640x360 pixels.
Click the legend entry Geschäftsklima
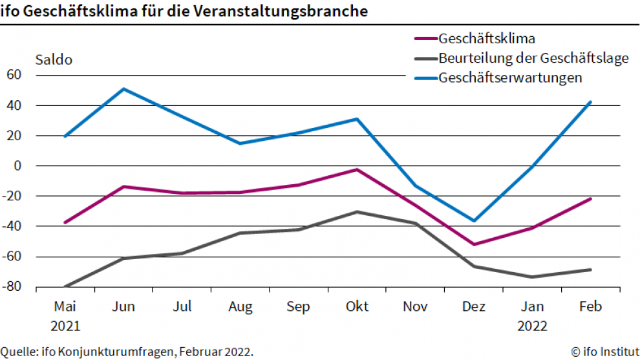(x=475, y=38)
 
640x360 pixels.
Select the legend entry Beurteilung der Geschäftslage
(x=521, y=58)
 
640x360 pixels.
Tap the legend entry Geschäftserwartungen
(x=498, y=78)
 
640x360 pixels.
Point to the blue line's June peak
(x=123, y=89)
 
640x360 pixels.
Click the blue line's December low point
(x=474, y=221)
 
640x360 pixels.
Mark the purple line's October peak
(x=357, y=169)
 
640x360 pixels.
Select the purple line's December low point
(x=474, y=244)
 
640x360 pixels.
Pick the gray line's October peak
(x=357, y=212)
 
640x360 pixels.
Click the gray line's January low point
(x=532, y=277)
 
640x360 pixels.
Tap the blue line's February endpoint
(x=590, y=102)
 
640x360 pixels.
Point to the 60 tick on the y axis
(x=14, y=75)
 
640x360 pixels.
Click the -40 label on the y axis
(x=12, y=226)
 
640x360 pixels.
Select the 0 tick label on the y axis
(x=17, y=165)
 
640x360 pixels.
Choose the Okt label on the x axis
(x=357, y=306)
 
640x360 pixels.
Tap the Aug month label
(x=240, y=306)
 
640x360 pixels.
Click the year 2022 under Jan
(x=532, y=326)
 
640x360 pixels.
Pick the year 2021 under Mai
(x=65, y=326)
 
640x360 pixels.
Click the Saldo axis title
(x=54, y=59)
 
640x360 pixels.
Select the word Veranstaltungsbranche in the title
(x=281, y=10)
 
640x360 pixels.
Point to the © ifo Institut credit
(x=605, y=352)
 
